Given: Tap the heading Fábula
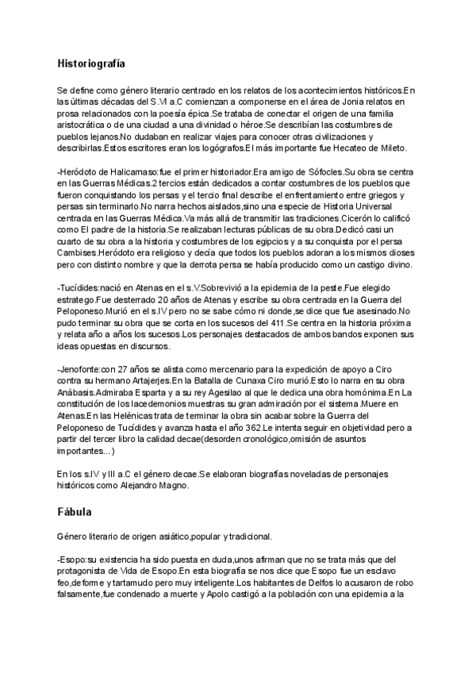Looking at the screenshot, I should point(75,513).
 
